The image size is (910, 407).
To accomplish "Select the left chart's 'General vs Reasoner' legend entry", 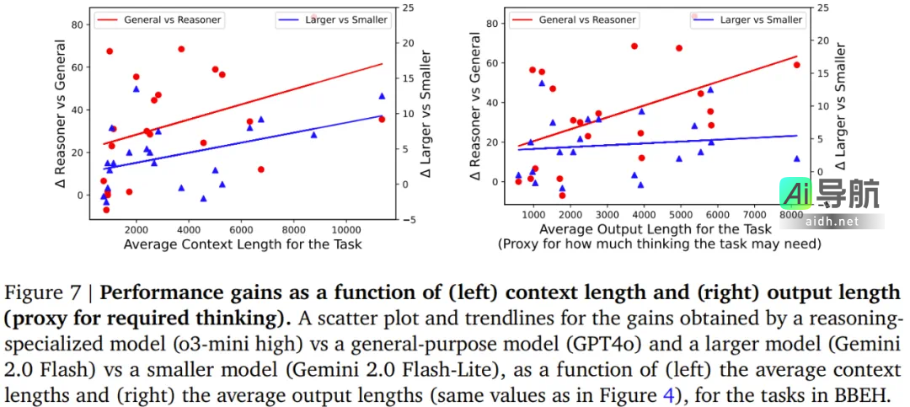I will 169,19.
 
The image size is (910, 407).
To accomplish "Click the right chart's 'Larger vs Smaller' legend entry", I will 757,19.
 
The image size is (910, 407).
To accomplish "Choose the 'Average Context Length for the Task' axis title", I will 243,244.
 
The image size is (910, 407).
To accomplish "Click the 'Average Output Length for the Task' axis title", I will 655,229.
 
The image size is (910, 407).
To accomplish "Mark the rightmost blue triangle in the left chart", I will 382,96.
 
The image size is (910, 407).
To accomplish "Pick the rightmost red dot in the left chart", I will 382,119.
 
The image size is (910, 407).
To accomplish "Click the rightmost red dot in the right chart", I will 796,65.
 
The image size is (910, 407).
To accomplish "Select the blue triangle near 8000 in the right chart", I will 796,158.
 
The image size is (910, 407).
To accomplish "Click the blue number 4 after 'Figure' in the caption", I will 667,394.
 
